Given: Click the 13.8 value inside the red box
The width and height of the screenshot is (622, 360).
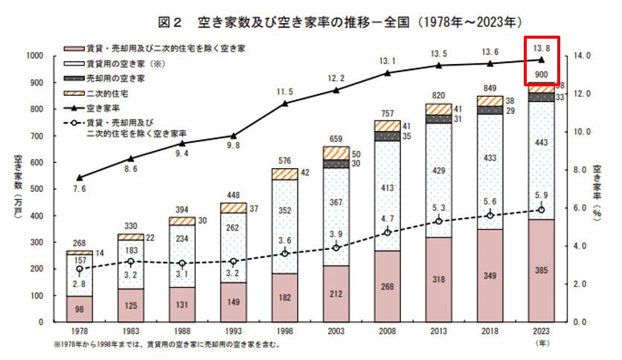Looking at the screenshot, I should click(x=541, y=48).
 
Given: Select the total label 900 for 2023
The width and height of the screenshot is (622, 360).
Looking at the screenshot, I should click(x=541, y=74).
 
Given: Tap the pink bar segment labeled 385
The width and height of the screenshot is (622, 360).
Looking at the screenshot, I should click(x=541, y=271).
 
